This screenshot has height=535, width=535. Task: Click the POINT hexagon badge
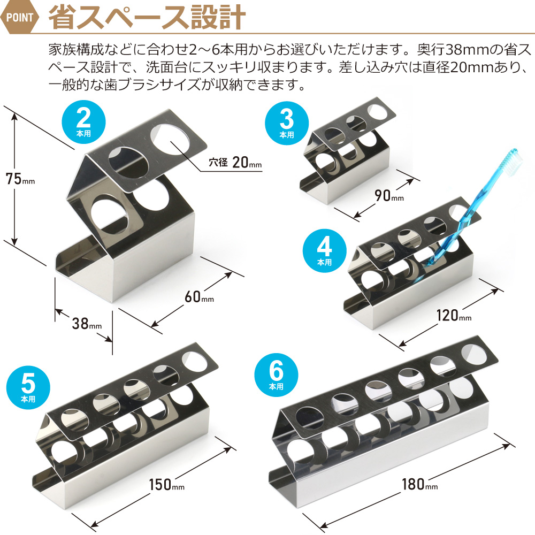point(19,17)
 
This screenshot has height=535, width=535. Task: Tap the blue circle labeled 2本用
point(83,122)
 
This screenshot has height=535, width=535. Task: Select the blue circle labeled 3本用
point(287,123)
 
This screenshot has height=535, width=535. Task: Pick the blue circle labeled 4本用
point(325,251)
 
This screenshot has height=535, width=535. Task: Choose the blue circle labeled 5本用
point(28,387)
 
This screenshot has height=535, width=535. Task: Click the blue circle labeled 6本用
point(277,375)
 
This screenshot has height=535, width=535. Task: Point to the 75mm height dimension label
point(20,179)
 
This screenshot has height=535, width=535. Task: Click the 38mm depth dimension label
point(87,324)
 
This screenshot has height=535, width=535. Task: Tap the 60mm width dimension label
point(199,297)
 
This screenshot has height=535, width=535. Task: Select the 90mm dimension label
point(389,195)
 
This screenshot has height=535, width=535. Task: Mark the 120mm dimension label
point(454,315)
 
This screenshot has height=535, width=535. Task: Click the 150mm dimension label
point(166,485)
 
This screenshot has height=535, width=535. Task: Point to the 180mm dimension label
point(419,484)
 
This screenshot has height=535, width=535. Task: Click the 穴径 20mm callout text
point(235,163)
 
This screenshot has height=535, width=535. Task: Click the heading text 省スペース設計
point(147,17)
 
